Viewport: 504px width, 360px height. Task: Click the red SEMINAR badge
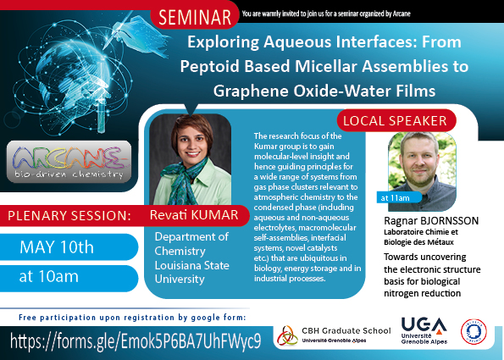195,17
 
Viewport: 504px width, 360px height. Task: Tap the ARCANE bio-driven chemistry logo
69,162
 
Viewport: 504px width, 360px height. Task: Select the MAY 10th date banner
69,246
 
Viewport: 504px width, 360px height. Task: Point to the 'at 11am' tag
399,197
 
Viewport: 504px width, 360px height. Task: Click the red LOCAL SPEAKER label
396,120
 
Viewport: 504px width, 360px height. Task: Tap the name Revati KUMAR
194,215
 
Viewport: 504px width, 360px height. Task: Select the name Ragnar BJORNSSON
431,221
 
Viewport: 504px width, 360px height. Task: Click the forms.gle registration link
136,341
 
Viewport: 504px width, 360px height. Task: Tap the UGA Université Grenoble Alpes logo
424,330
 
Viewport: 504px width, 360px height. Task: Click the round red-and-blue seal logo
474,331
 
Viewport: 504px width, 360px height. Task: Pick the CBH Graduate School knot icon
287,335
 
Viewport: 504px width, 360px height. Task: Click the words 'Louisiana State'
192,265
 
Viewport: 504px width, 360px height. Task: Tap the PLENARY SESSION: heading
69,216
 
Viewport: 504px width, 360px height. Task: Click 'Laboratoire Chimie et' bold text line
421,232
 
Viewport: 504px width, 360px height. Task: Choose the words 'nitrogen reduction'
422,293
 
